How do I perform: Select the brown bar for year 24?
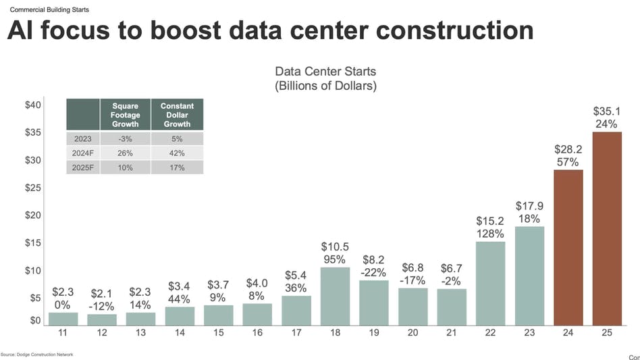pos(568,247)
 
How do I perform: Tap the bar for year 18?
pos(335,296)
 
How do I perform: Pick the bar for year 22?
pos(490,283)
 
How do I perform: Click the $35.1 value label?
pos(607,111)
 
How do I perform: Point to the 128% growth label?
pos(490,234)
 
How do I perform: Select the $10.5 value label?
pos(335,247)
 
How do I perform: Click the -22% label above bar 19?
pos(373,272)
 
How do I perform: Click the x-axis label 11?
pos(63,333)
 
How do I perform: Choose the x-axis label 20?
pos(412,333)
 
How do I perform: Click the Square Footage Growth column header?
pos(125,115)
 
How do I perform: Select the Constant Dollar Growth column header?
pos(177,115)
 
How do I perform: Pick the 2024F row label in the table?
pos(83,153)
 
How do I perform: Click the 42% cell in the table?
pos(177,153)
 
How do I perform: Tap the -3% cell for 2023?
pos(125,138)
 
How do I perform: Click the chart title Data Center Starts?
pos(325,72)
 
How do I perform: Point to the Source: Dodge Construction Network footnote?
pos(36,355)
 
